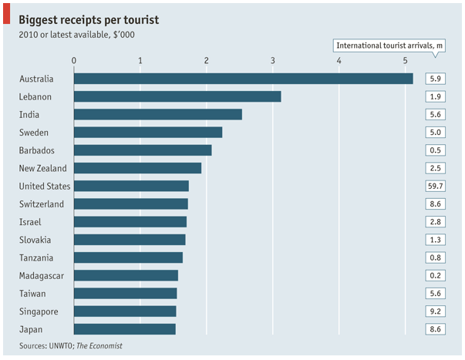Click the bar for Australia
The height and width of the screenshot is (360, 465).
243,79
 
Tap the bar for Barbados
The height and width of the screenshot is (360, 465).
143,150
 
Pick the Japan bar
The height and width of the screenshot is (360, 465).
125,329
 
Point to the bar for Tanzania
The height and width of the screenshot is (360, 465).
128,257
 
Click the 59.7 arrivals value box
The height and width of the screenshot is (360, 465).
435,186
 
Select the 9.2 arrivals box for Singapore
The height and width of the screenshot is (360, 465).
435,311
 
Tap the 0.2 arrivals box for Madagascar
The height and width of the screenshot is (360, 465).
435,275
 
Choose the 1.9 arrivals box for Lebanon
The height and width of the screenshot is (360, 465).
435,96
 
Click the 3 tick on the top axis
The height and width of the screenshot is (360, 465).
273,60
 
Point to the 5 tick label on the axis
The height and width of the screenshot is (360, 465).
406,60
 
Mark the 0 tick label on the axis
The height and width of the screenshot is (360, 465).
73,60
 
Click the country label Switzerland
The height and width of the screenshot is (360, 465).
41,204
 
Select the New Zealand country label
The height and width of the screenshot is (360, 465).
42,168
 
